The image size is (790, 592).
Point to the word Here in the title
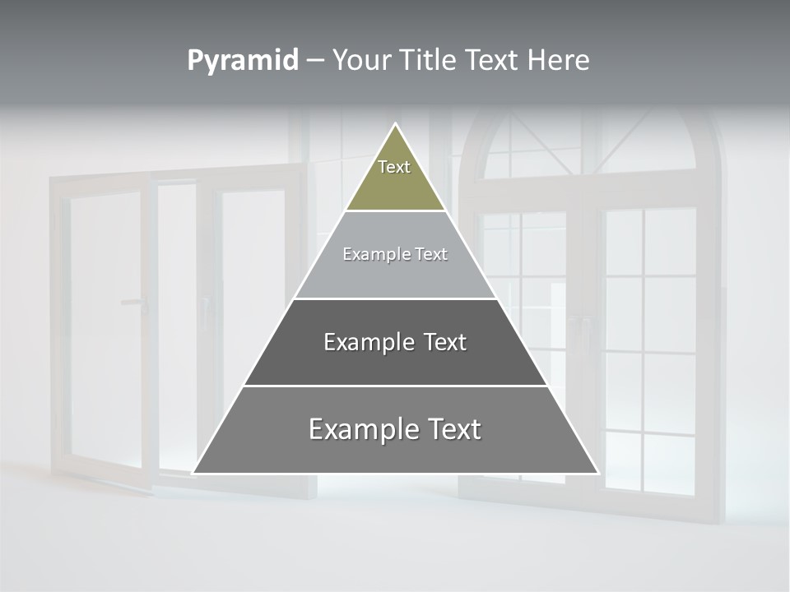[559, 61]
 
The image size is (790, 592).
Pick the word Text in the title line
[493, 61]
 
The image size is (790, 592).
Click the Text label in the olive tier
[394, 167]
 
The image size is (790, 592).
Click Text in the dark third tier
[446, 342]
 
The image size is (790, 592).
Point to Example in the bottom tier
[364, 429]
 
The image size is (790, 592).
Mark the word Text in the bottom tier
[454, 429]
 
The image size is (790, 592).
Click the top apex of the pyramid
[395, 124]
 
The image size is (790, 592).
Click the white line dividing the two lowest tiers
[395, 386]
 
